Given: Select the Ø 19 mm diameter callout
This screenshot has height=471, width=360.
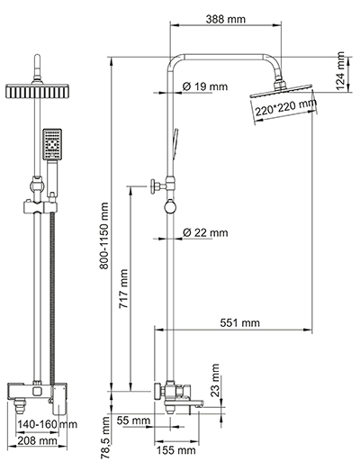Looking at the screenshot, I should coord(204,87).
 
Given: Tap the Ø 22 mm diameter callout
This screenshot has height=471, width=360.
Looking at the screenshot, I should coord(204,233).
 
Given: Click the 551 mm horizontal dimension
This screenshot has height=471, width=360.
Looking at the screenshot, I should coord(238,322).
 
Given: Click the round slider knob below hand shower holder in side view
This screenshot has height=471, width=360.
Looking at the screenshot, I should coord(167,210).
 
